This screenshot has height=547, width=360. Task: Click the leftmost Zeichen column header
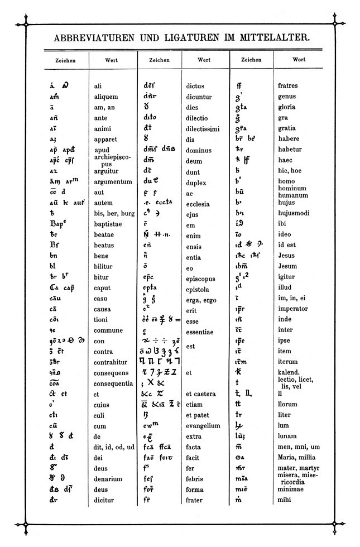(66, 60)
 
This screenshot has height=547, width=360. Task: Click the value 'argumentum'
(113, 182)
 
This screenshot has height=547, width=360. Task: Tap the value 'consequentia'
(114, 383)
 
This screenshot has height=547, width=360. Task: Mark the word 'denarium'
(109, 479)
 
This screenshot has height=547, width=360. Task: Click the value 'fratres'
(288, 86)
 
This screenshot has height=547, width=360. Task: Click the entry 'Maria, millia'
(297, 458)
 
